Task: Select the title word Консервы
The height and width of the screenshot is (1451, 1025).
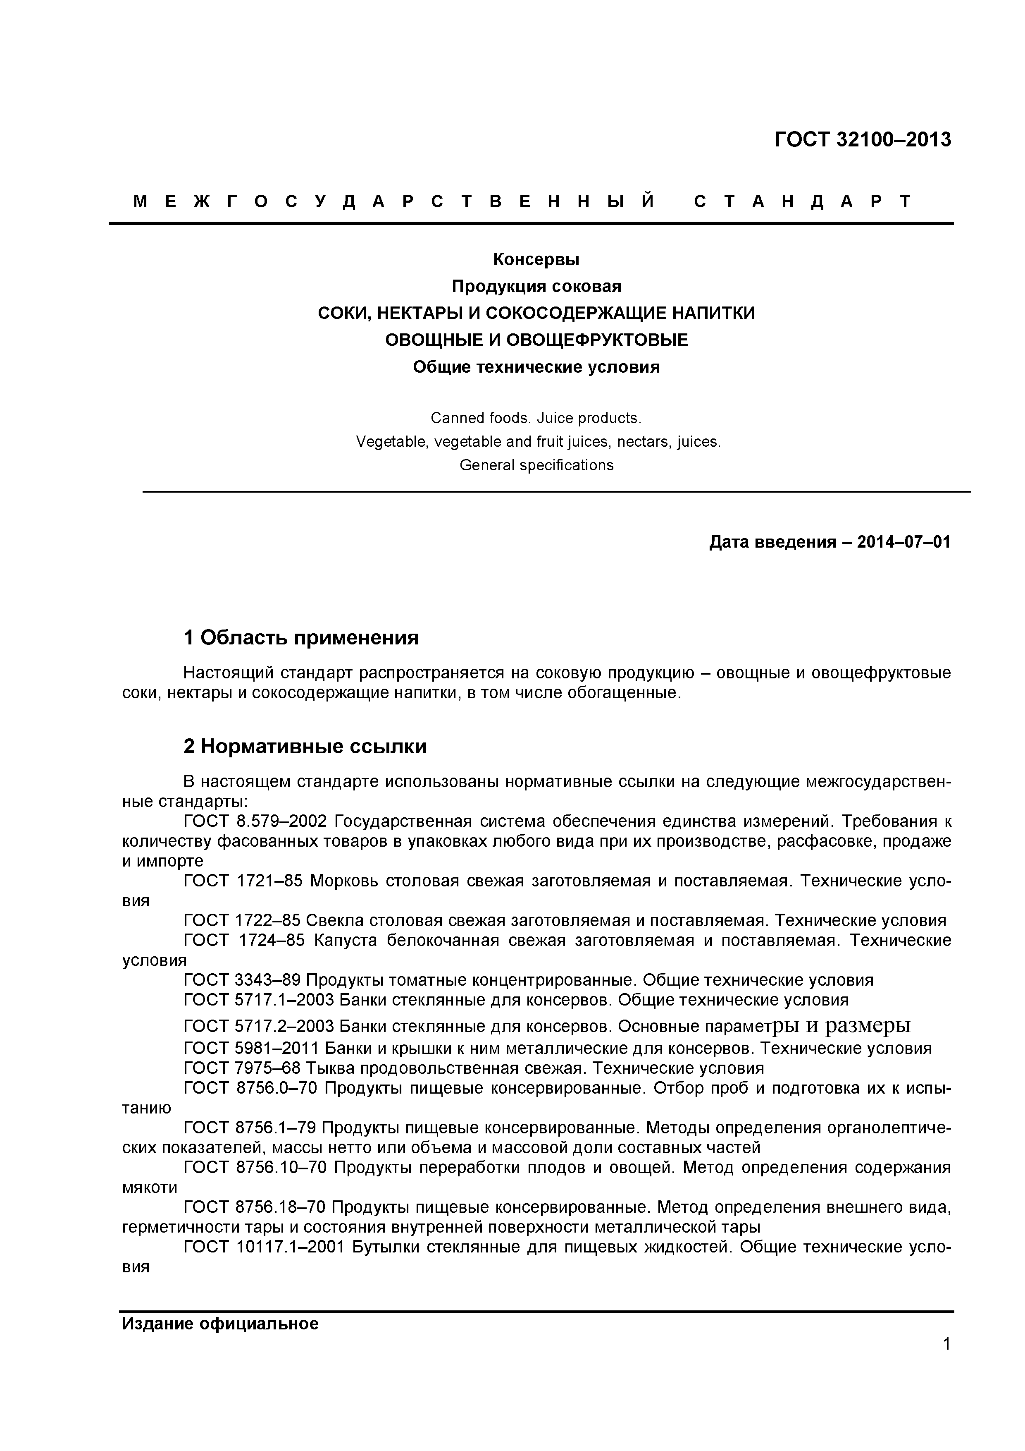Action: [536, 260]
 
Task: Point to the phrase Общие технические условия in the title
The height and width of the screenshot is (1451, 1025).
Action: [536, 367]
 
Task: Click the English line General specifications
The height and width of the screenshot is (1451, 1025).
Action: [536, 465]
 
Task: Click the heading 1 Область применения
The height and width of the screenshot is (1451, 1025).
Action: [300, 638]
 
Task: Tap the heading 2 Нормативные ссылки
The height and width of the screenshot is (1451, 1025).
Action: [305, 746]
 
